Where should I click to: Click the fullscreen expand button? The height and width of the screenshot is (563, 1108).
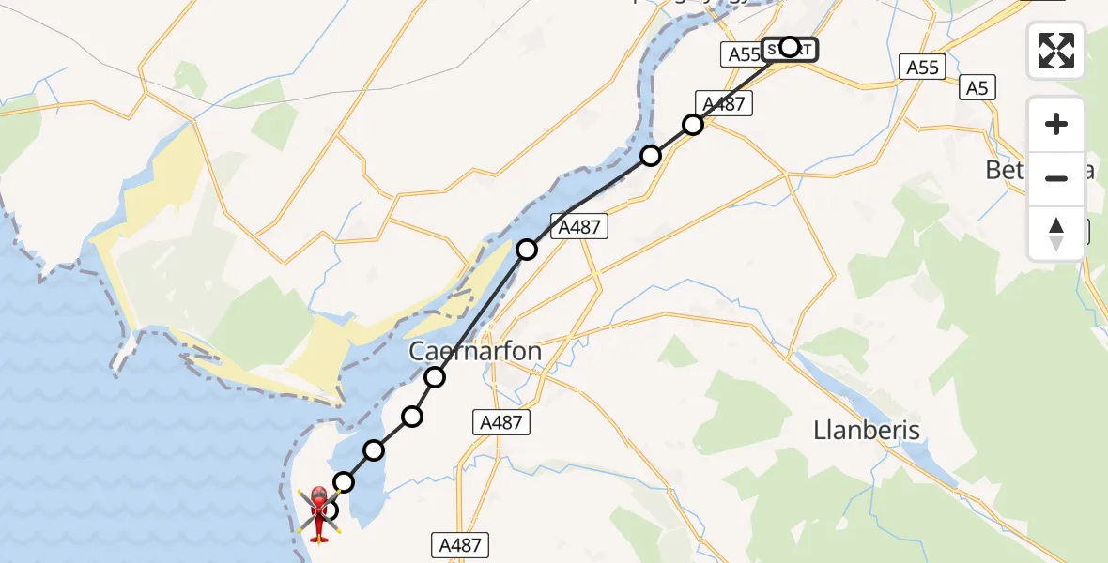pyautogui.click(x=1056, y=51)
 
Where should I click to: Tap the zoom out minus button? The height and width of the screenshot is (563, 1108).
pyautogui.click(x=1056, y=178)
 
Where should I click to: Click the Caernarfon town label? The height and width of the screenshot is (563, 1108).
pyautogui.click(x=475, y=351)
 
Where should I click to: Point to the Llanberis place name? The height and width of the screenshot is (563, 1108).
pyautogui.click(x=867, y=430)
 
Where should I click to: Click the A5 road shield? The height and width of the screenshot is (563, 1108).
pyautogui.click(x=977, y=88)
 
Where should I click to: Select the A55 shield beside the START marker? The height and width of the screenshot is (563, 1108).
pyautogui.click(x=743, y=54)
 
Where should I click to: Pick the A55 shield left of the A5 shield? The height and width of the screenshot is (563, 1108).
pyautogui.click(x=921, y=67)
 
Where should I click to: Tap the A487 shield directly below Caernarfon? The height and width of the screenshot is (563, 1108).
pyautogui.click(x=500, y=422)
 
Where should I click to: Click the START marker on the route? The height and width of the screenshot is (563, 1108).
pyautogui.click(x=789, y=47)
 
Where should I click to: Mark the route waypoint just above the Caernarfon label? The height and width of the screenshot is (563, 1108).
pyautogui.click(x=435, y=377)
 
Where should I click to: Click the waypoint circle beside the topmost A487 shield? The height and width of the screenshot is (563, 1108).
pyautogui.click(x=693, y=125)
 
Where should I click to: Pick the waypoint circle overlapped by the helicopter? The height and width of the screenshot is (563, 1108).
pyautogui.click(x=329, y=510)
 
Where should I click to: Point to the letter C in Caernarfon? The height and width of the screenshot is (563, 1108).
pyautogui.click(x=418, y=352)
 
